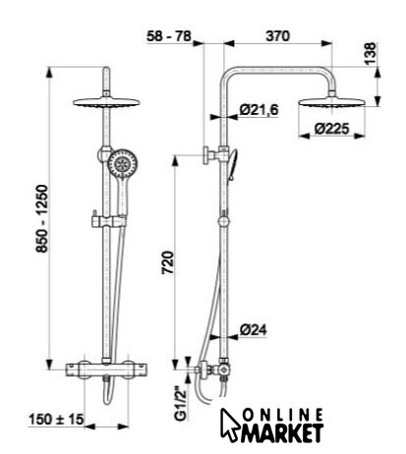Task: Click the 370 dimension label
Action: pos(278,35)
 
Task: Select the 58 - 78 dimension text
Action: pos(169,35)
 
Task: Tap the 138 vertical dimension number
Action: pos(371,54)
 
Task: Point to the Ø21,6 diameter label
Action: pos(259,109)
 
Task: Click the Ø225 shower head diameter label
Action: pos(331,129)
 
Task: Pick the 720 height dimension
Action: pos(167,262)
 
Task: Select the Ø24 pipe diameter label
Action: pos(253,329)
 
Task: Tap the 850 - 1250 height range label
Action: pos(42,219)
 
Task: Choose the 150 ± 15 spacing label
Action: pos(56,420)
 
